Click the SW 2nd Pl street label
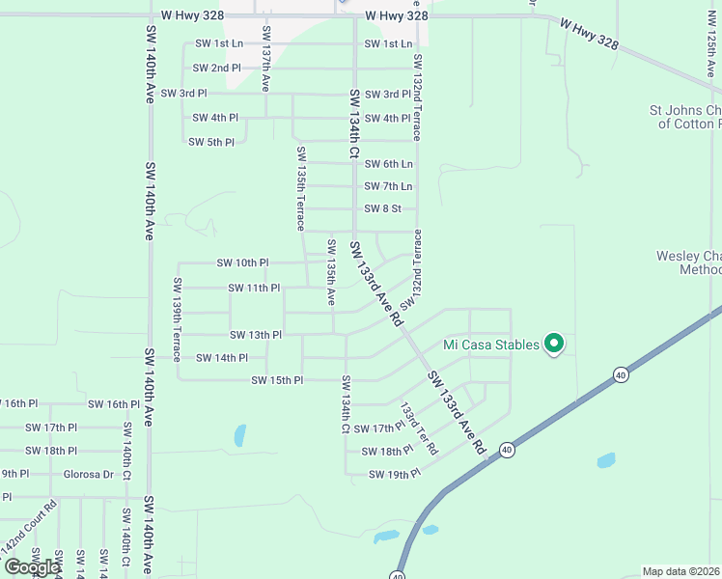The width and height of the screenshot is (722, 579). (x=216, y=69)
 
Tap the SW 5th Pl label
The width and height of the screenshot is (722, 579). (x=211, y=142)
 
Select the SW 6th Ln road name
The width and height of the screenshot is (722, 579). (x=388, y=164)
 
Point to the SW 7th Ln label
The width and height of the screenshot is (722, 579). (x=388, y=186)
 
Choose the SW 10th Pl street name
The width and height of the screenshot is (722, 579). (x=242, y=262)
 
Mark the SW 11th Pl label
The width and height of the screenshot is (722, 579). (x=254, y=288)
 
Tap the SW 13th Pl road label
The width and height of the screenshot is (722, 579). (x=256, y=335)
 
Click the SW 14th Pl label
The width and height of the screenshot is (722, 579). (x=222, y=358)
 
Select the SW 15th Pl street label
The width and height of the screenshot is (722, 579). (x=277, y=380)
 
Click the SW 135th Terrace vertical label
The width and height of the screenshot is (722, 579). (x=301, y=188)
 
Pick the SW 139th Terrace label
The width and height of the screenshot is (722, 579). (x=178, y=319)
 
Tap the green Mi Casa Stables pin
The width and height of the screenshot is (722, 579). (x=554, y=343)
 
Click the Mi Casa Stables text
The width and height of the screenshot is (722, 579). (x=490, y=345)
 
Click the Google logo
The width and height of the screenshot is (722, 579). (x=32, y=566)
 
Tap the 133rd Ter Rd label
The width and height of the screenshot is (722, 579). (x=419, y=428)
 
